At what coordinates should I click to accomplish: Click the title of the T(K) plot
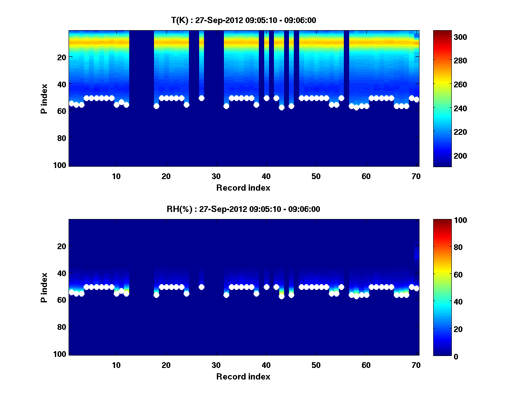243,20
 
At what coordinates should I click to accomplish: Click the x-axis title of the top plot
243,188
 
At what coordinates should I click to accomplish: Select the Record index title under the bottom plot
243,376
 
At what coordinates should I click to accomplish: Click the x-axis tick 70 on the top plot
416,176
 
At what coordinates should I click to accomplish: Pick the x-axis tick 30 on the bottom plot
216,365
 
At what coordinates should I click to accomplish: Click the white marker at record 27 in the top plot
201,98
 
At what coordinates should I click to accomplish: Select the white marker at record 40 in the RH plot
266,287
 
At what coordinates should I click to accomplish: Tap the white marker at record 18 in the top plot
156,106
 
